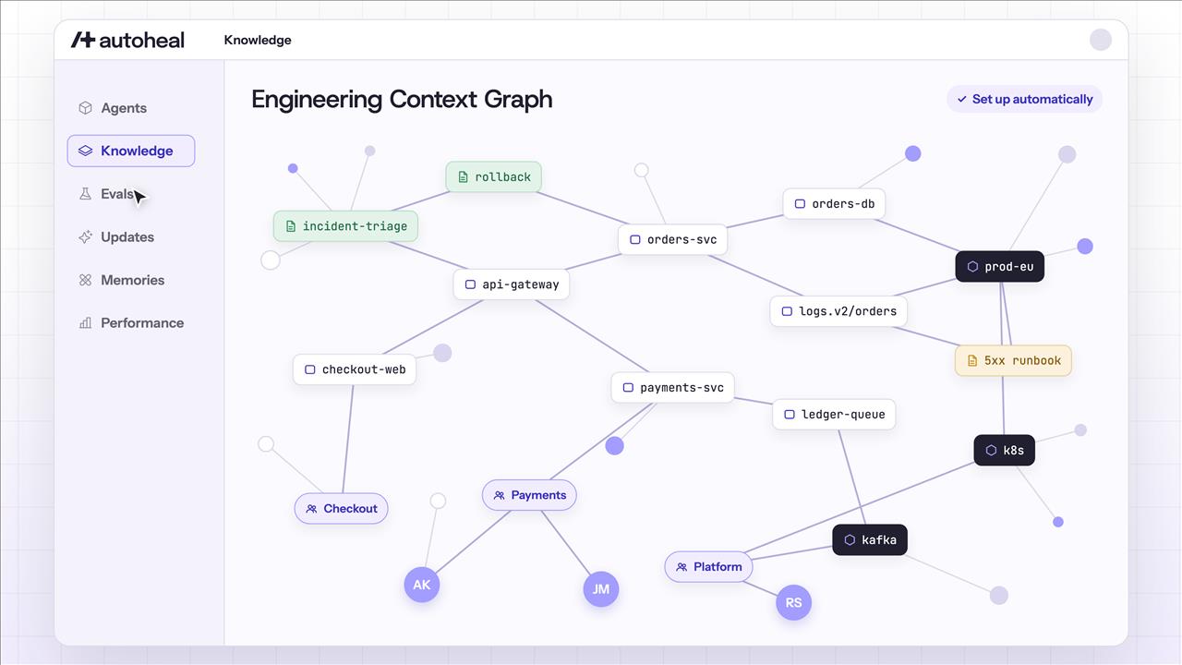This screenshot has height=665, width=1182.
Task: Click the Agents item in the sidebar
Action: point(113,108)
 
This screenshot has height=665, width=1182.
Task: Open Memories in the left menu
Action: point(121,280)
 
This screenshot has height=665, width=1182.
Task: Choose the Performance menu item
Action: point(131,322)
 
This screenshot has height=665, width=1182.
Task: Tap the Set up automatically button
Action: point(1024,99)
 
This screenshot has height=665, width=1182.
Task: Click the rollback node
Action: point(493,176)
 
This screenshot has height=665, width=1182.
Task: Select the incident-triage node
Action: point(345,226)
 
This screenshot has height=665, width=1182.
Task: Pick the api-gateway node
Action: point(512,284)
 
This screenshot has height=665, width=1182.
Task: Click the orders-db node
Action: point(834,204)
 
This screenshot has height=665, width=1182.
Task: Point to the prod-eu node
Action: point(1000,267)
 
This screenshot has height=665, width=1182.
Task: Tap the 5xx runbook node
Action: point(1013,360)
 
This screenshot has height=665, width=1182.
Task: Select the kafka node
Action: point(870,540)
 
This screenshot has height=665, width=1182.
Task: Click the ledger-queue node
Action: point(834,415)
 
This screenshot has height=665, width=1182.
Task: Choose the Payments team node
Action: point(529,495)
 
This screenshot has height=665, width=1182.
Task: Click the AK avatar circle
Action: point(422,585)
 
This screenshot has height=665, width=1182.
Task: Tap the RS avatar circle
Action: point(793,603)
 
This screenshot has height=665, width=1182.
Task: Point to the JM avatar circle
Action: point(601,589)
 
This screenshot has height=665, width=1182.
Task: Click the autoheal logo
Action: point(127,40)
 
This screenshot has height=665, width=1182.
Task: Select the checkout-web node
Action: point(355,369)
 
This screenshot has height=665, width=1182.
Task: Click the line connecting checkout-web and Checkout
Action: point(348,439)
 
